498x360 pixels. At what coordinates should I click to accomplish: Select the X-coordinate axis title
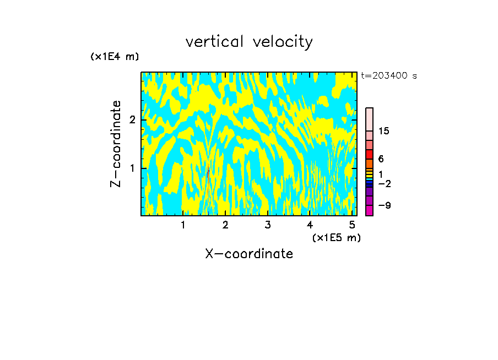click(x=249, y=254)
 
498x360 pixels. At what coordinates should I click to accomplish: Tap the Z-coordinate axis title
click(x=116, y=144)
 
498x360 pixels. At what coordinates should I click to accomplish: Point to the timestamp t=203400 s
click(x=389, y=76)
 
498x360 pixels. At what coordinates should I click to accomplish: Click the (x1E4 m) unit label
click(x=115, y=57)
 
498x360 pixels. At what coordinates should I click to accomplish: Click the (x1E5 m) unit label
click(x=336, y=237)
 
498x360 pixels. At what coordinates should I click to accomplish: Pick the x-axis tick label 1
click(x=183, y=225)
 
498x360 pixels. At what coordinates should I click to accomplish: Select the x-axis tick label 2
click(x=225, y=225)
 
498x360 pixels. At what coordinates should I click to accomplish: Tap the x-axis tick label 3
click(x=267, y=225)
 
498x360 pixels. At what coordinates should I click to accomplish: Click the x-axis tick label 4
click(x=310, y=225)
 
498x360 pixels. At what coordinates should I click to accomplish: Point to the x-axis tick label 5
click(x=351, y=225)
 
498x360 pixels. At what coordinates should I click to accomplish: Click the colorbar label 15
click(x=384, y=131)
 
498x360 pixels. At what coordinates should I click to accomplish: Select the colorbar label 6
click(x=381, y=159)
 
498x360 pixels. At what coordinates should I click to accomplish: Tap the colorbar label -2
click(x=385, y=184)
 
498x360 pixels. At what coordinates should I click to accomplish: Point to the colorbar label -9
click(x=385, y=206)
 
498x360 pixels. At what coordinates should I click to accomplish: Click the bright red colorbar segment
click(x=369, y=154)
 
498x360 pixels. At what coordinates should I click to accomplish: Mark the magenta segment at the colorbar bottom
click(x=369, y=210)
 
